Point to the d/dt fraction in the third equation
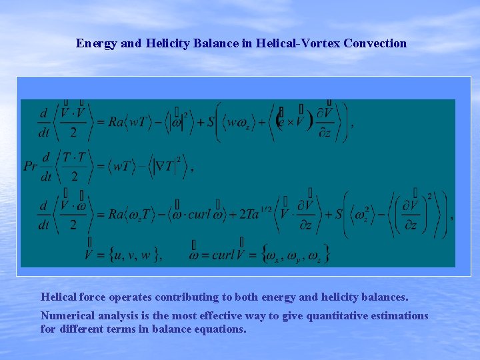coord(44,214)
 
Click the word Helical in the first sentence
coord(59,297)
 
